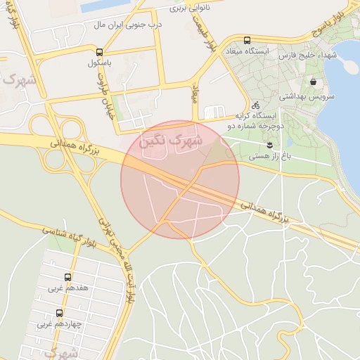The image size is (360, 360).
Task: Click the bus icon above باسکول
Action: (99, 52)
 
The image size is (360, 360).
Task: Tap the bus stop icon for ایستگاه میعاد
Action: (246, 41)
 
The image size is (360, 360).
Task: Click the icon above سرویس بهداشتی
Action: (332, 82)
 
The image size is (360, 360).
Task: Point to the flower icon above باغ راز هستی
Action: (270, 144)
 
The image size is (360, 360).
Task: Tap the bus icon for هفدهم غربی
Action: (67, 277)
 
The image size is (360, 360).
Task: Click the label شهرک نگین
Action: (170, 141)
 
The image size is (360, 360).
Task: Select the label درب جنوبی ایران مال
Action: (128, 25)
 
